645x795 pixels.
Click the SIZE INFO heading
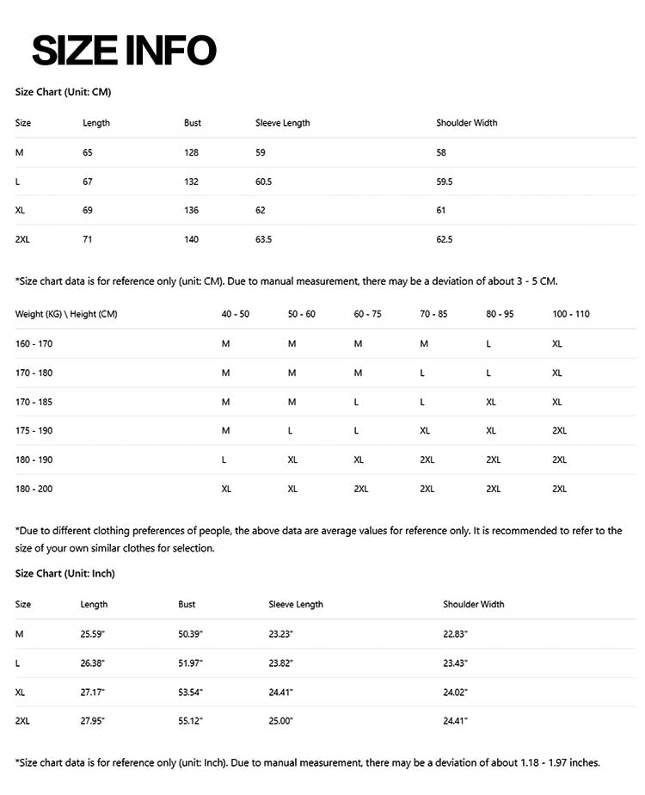[x=124, y=50]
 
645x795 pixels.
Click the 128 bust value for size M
[x=191, y=152]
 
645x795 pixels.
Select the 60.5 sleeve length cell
[x=264, y=182]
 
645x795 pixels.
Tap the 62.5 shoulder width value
[x=445, y=239]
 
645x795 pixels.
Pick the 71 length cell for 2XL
[x=87, y=239]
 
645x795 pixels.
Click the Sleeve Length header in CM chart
[x=282, y=123]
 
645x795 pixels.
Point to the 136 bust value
[x=191, y=210]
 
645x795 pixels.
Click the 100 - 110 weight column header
[x=571, y=314]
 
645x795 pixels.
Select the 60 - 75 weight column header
[x=367, y=314]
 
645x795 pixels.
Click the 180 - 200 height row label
[x=34, y=489]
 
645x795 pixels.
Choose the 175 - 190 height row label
[x=34, y=430]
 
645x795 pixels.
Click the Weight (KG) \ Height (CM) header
[x=66, y=314]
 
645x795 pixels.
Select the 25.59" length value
[x=93, y=634]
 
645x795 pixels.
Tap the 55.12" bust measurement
[x=190, y=721]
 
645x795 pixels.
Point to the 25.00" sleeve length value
[x=281, y=721]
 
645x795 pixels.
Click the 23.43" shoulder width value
[x=455, y=663]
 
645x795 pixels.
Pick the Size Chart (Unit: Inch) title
[x=65, y=573]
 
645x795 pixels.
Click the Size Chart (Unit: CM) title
[x=63, y=91]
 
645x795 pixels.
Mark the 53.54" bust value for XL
[x=190, y=692]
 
